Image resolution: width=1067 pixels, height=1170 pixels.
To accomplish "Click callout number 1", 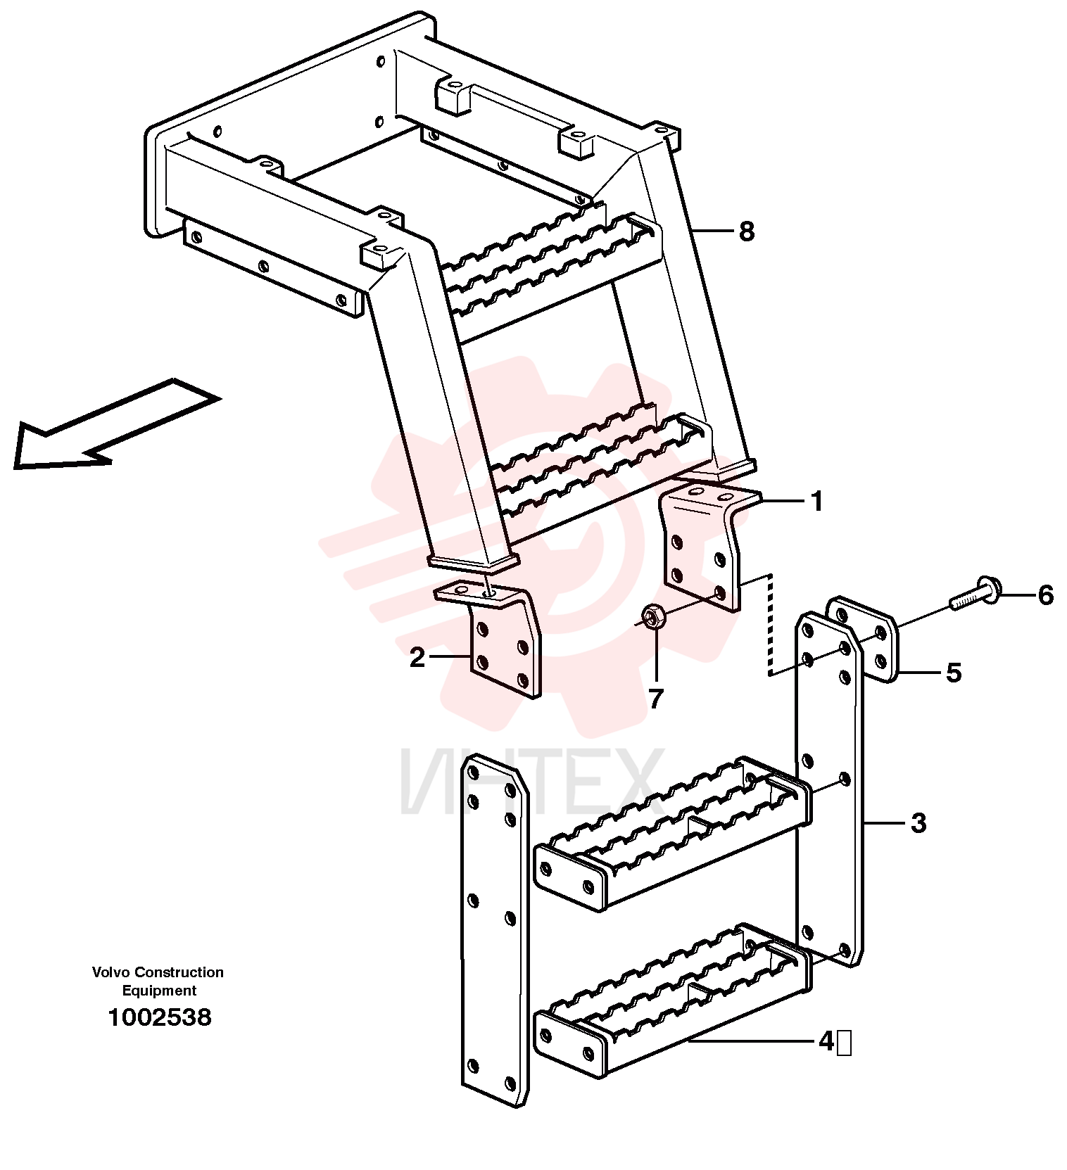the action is tap(816, 502).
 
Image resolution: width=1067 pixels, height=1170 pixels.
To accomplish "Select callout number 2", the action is tap(417, 658).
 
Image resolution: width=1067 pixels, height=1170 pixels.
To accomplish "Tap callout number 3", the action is tap(918, 822).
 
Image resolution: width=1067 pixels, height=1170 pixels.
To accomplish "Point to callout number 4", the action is tap(826, 1041).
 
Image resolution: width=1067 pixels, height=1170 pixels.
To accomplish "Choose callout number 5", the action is tap(953, 673).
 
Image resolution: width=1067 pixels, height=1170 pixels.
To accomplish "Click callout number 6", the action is tap(1046, 595).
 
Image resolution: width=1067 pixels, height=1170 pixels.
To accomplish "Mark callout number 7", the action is tap(656, 699).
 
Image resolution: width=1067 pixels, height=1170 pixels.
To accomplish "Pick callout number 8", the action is tap(747, 231).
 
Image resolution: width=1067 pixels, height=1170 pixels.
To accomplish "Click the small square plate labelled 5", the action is tap(860, 640).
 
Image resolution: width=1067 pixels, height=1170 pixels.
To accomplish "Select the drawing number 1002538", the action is tap(159, 1017).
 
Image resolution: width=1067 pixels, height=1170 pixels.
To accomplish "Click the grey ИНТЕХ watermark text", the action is tap(531, 782).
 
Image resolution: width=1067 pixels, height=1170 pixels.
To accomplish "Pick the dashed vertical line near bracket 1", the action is tap(771, 625).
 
